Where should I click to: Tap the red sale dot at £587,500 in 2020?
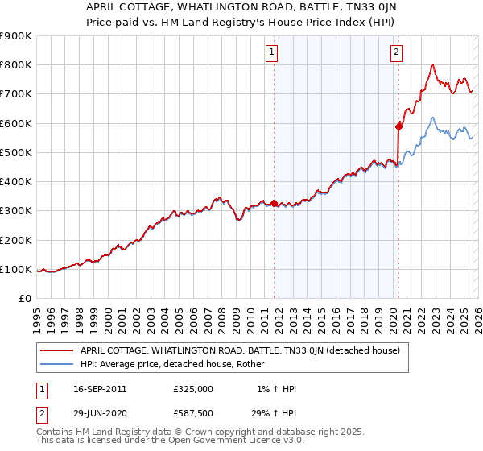(398, 126)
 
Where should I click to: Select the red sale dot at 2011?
(274, 203)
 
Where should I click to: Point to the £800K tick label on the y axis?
(16, 65)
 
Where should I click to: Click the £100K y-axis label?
(16, 269)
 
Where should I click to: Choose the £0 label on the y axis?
(25, 299)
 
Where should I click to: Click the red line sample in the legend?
(57, 350)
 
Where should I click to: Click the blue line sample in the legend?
(57, 364)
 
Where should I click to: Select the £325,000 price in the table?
(192, 389)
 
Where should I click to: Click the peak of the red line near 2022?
(433, 65)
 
